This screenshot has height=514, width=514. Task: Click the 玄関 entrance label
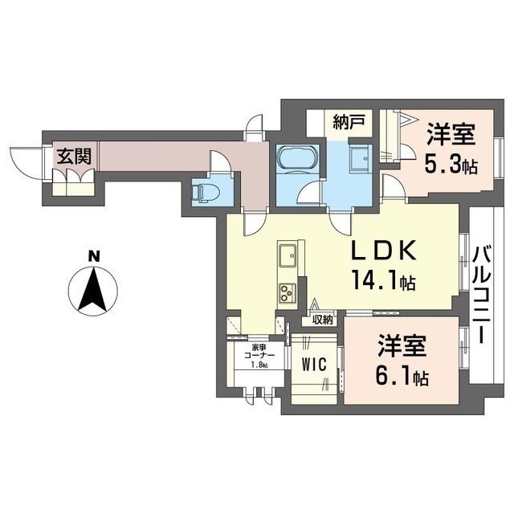click(x=74, y=157)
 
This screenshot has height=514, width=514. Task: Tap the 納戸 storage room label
click(x=349, y=123)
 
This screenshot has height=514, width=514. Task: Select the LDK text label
click(x=384, y=251)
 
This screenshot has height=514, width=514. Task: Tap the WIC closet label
click(x=314, y=364)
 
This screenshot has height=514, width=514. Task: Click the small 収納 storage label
click(x=323, y=319)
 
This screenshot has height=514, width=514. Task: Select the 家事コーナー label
click(x=259, y=353)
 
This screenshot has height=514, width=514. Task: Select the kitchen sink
click(x=288, y=257)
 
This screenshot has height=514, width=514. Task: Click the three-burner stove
click(x=288, y=293)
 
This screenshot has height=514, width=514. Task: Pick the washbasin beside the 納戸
click(x=361, y=158)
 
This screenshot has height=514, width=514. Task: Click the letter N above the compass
click(x=94, y=256)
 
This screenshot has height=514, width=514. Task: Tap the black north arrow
click(x=94, y=289)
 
